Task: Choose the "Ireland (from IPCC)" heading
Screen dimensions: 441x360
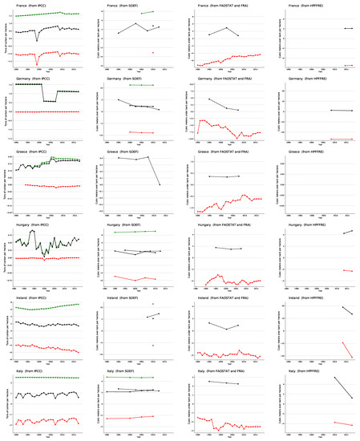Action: coord(30,297)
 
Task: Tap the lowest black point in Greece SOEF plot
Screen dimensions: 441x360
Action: coord(160,184)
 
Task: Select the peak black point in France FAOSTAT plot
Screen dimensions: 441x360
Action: coord(227,28)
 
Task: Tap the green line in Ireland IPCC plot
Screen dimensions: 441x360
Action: coord(48,308)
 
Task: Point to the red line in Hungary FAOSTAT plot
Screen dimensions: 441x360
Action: coord(233,281)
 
